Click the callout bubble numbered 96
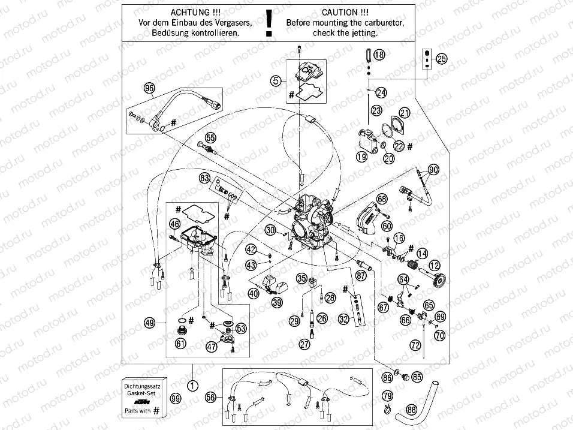click(x=149, y=88)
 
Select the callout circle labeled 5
click(x=275, y=80)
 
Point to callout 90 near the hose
click(x=433, y=170)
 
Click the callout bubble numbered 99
click(x=174, y=399)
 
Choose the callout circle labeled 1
click(x=192, y=386)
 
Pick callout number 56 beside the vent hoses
click(x=210, y=398)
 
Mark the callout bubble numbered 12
click(x=433, y=265)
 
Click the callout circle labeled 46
click(x=174, y=224)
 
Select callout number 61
click(x=180, y=343)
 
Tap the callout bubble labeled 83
click(x=205, y=178)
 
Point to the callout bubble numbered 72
click(x=415, y=345)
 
